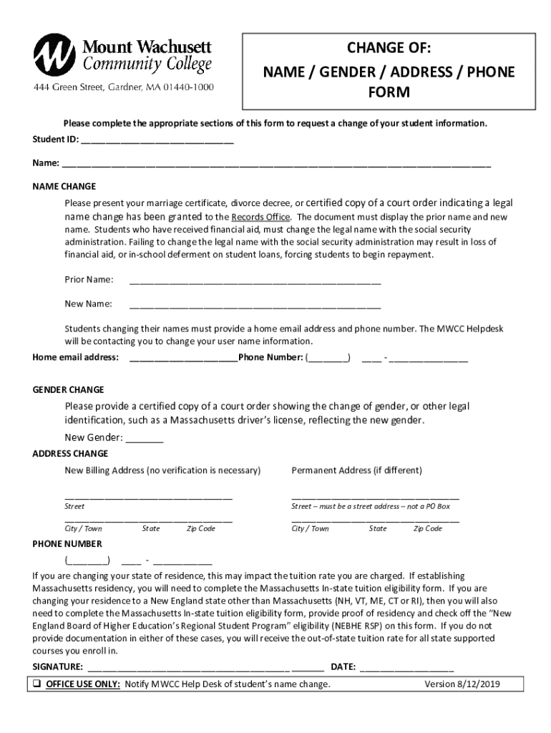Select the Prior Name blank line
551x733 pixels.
(255, 282)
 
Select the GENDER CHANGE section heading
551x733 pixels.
(69, 389)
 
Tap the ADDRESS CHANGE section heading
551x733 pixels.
(71, 454)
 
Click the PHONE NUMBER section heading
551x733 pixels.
(67, 544)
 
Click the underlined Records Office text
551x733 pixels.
(260, 217)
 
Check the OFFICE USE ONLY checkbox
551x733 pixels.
(37, 684)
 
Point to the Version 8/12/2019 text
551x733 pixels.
(462, 684)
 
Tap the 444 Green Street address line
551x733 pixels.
(122, 88)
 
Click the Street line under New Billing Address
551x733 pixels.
(148, 496)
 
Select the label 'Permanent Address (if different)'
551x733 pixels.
(356, 470)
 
